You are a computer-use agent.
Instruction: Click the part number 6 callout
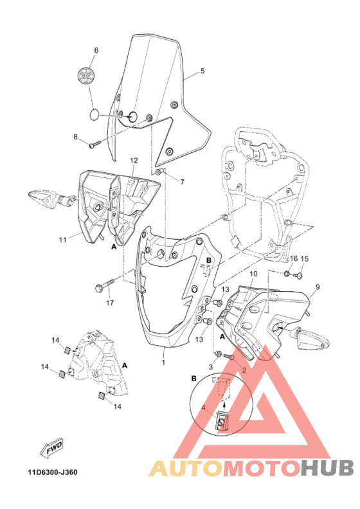[96, 50]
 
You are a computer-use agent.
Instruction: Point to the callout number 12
[134, 160]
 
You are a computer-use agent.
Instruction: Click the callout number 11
[63, 240]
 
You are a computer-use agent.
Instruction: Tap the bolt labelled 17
[105, 283]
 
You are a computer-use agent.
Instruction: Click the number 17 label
[110, 303]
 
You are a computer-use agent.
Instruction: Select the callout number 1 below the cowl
[163, 362]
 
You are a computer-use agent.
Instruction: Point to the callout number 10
[253, 274]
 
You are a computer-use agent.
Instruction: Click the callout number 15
[305, 258]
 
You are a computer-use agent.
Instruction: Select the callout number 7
[181, 182]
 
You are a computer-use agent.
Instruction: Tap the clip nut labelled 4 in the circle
[222, 421]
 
